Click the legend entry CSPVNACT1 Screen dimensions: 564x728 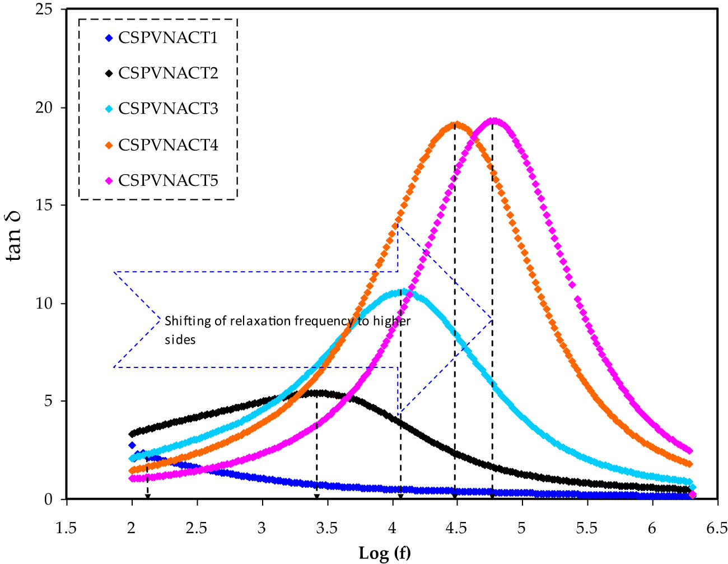tap(167, 38)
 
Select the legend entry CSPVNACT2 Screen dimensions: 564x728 tap(167, 73)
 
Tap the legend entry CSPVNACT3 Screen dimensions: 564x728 tap(167, 109)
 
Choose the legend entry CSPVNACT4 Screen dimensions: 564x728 tap(167, 145)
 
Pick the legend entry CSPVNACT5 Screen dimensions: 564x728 tap(167, 180)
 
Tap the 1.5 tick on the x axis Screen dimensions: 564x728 tap(67, 528)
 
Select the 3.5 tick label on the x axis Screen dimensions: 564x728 tap(327, 528)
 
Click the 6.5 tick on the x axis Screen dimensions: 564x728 tap(717, 528)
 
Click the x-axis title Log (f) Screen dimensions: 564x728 tap(384, 553)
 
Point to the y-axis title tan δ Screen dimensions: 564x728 tap(15, 236)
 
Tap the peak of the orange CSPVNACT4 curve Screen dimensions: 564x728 tap(455, 124)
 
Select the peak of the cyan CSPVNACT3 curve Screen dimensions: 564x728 tap(402, 291)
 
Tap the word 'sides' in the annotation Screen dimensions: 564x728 tap(180, 340)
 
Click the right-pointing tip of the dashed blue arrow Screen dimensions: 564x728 tap(492, 320)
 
